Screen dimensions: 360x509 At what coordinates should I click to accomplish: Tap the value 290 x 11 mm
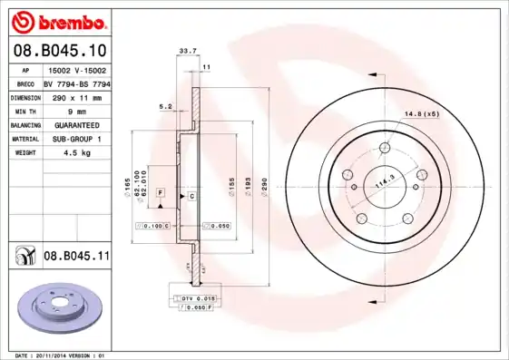(75, 97)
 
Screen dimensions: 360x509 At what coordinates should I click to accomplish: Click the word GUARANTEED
(75, 125)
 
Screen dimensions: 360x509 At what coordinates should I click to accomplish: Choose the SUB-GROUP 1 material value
(75, 139)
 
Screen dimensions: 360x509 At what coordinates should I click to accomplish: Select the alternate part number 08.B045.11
(76, 257)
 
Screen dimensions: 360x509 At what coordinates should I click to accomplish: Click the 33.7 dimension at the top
(188, 52)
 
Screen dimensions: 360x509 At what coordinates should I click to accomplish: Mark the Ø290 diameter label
(265, 185)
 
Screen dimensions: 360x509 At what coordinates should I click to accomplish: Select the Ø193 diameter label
(249, 185)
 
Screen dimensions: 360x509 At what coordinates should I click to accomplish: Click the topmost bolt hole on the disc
(385, 148)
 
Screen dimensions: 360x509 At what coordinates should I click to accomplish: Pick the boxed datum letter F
(160, 193)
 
